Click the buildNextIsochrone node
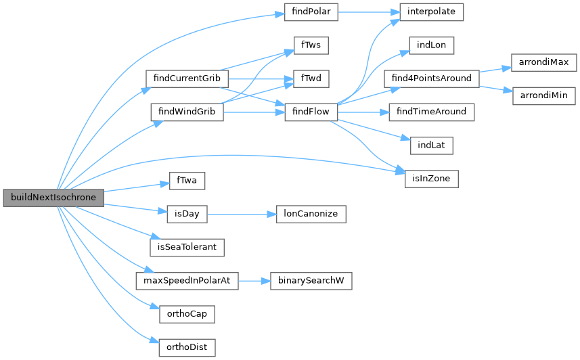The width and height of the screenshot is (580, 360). pos(53,198)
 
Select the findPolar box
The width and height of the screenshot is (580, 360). pos(307,12)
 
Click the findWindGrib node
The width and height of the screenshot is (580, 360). pos(186,111)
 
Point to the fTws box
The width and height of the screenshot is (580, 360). pos(311,45)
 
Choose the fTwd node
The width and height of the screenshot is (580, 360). pos(311,78)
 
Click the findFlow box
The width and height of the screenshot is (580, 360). pos(311,111)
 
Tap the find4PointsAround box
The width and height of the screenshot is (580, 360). pos(432,78)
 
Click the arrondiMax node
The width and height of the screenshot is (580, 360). pos(543,62)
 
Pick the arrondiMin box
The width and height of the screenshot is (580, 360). pos(543,95)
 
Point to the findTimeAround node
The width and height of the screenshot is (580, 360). pos(432,111)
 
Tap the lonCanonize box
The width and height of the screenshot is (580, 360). pos(311,214)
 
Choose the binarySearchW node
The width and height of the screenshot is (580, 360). pos(311,280)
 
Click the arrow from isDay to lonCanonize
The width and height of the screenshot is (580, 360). pos(241,214)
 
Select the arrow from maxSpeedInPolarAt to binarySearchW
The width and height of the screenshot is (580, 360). pos(254,280)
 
